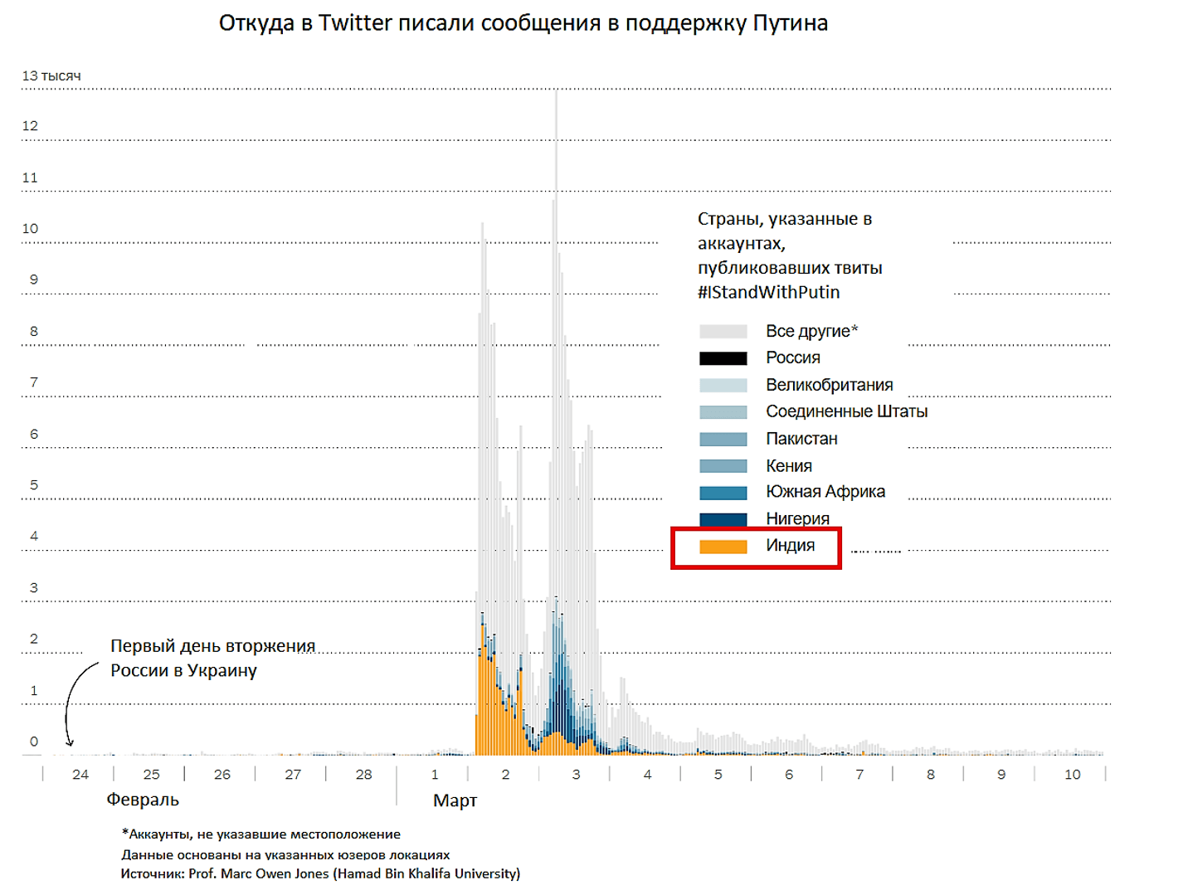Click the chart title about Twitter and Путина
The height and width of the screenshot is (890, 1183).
click(x=523, y=23)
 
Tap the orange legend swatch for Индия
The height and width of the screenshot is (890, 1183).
click(x=723, y=547)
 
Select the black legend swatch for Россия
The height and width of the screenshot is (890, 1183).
click(x=723, y=358)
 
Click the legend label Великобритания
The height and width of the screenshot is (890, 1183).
click(x=829, y=385)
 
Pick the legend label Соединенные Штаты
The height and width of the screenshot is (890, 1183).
click(x=846, y=411)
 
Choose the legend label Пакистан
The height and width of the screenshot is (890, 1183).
click(x=801, y=439)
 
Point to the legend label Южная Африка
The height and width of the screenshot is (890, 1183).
click(x=825, y=492)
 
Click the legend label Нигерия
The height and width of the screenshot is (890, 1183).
click(x=797, y=518)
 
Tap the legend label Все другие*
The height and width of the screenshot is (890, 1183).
click(x=811, y=331)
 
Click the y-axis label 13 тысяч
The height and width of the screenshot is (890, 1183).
click(x=51, y=75)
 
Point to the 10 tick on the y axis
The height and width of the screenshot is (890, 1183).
click(x=30, y=229)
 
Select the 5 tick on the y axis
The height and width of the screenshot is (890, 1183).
click(x=33, y=485)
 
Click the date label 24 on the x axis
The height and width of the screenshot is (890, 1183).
click(x=80, y=775)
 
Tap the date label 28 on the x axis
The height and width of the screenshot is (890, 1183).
click(x=363, y=775)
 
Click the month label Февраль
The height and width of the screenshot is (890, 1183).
click(x=143, y=800)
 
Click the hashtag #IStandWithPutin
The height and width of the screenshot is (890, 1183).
click(x=768, y=292)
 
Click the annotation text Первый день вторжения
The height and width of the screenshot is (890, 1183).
click(x=212, y=646)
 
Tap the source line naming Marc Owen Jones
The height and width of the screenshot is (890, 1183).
click(x=320, y=873)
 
